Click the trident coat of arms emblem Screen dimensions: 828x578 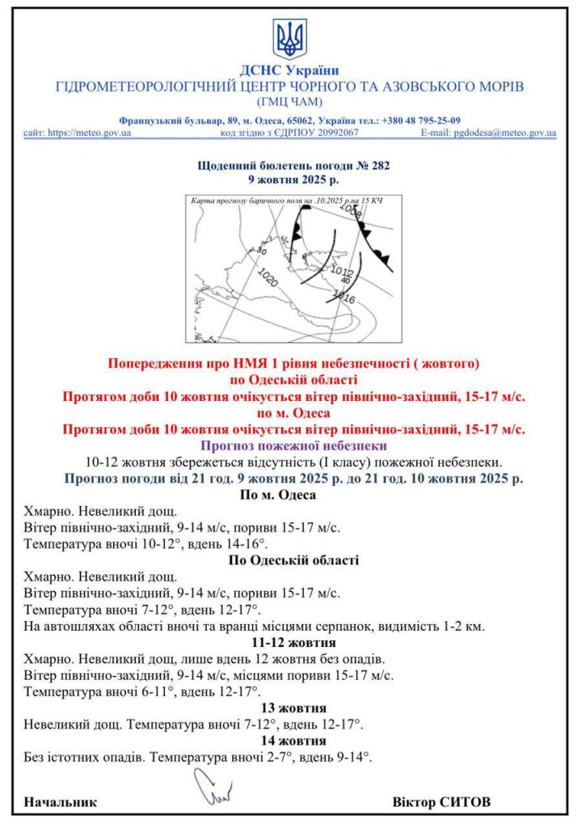tap(289, 38)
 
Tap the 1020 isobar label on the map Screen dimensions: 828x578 tap(269, 278)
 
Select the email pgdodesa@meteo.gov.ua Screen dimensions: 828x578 tap(504, 132)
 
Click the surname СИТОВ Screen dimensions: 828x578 tap(464, 802)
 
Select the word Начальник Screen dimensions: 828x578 tap(61, 802)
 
